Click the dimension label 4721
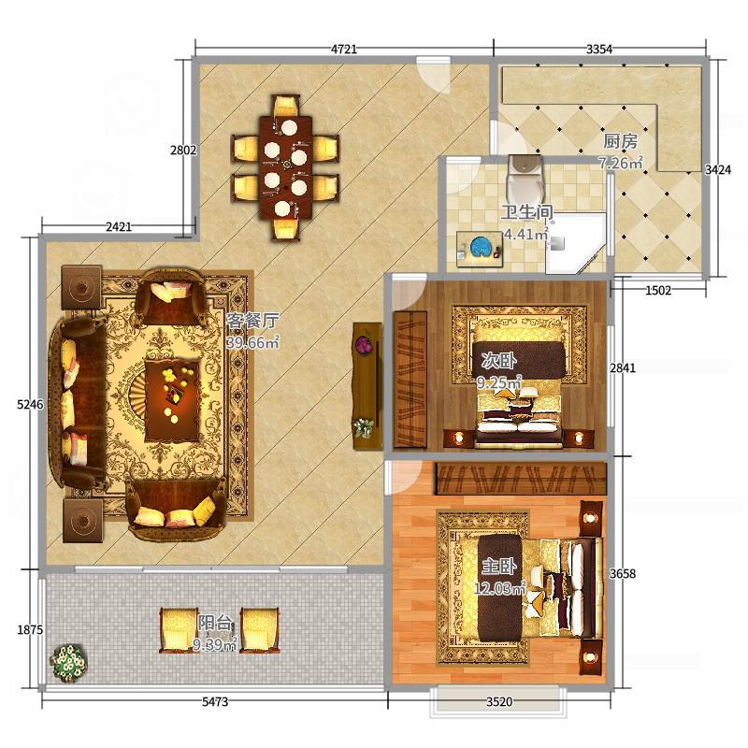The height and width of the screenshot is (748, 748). [344, 49]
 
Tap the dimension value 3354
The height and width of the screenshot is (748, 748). [599, 49]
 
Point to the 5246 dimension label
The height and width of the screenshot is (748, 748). [30, 405]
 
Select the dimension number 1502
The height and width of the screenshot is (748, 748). [658, 290]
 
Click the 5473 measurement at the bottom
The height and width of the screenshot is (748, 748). [215, 702]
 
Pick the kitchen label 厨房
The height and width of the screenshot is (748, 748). [620, 141]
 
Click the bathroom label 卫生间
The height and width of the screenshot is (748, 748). [526, 212]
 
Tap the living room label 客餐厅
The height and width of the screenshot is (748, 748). [252, 321]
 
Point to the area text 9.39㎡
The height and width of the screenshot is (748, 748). [215, 645]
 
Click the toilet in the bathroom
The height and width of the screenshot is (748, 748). [525, 180]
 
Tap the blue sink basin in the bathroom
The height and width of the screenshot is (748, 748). [481, 247]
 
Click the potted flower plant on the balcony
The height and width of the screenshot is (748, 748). [69, 663]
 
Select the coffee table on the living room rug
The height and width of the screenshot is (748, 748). [173, 400]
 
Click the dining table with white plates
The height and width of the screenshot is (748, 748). [285, 167]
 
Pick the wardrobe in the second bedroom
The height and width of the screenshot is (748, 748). [410, 380]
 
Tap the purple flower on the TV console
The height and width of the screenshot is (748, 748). [364, 344]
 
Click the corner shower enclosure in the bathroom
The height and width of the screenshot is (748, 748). [576, 243]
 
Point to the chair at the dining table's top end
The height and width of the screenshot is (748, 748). [286, 106]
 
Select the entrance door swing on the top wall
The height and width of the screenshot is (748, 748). [434, 75]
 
